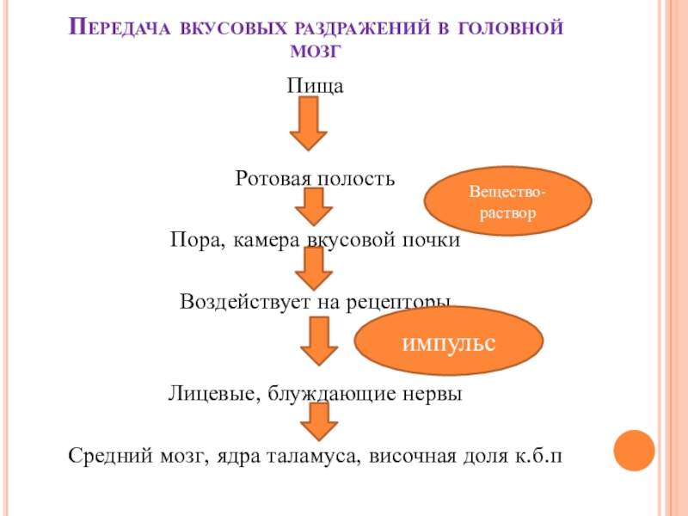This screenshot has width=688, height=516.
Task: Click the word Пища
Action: tap(316, 86)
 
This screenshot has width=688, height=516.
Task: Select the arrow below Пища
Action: tap(308, 124)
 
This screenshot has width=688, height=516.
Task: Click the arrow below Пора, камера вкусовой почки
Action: tap(314, 269)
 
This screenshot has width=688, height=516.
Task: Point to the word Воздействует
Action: tap(233, 302)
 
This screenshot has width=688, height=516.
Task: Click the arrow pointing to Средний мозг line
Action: tap(318, 422)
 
